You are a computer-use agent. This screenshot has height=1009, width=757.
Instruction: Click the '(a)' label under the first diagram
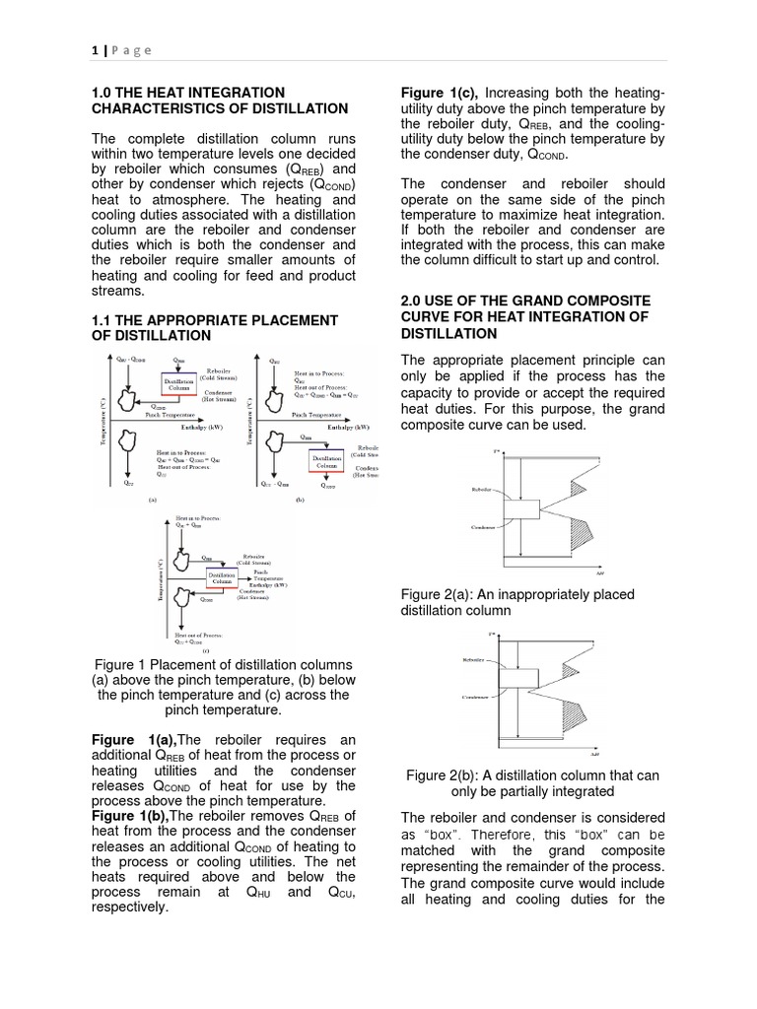[x=151, y=500]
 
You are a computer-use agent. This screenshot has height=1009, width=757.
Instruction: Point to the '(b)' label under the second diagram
[x=300, y=500]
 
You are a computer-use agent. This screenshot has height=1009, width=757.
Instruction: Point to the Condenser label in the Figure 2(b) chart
[x=480, y=697]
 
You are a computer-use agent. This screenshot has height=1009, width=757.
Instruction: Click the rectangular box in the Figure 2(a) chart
[x=520, y=509]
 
